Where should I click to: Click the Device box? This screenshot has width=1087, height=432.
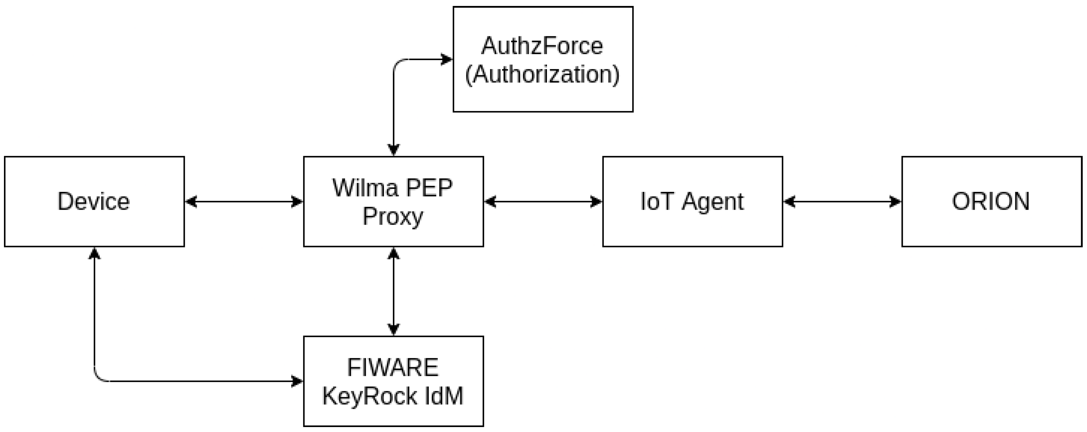tap(94, 201)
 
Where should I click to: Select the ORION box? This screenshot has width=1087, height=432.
tap(991, 201)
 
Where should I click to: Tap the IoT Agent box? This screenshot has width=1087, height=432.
tap(692, 201)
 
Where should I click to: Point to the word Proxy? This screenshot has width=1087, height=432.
tap(392, 217)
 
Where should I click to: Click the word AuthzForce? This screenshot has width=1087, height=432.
tap(542, 46)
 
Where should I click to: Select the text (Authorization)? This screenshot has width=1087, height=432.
tap(542, 75)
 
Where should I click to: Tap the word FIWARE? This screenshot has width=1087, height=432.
tap(392, 367)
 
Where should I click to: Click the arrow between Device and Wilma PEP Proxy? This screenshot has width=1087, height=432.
tap(244, 202)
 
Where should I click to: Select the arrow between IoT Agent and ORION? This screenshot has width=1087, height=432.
tap(842, 202)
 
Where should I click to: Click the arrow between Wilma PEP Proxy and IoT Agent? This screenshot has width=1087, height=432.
tap(543, 202)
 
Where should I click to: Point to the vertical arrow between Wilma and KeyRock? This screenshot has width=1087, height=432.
tap(393, 291)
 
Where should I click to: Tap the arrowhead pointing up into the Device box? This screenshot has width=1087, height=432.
tap(94, 253)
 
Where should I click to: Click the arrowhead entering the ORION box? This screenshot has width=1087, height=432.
tap(896, 202)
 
